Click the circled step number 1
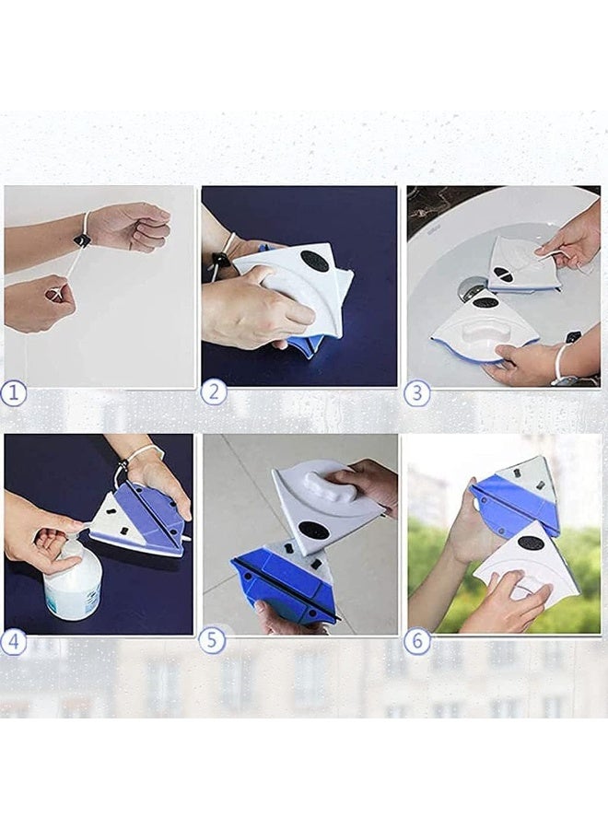click(x=13, y=394)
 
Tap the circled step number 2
click(x=214, y=392)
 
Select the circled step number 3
click(x=416, y=394)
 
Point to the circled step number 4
click(x=13, y=642)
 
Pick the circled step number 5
click(x=212, y=640)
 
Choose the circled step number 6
click(x=417, y=641)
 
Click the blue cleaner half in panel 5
click(x=286, y=583)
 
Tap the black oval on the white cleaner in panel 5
click(x=313, y=530)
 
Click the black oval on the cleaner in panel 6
click(x=530, y=543)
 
